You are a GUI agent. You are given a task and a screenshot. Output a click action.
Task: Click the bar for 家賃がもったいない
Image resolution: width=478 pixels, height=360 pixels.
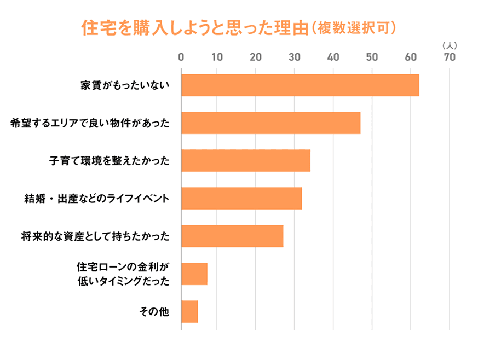click(300, 85)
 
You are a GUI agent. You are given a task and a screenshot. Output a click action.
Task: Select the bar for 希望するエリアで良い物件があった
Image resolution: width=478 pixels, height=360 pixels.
click(270, 123)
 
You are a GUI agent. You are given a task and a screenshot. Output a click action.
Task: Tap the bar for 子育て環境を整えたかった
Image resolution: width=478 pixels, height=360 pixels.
click(245, 161)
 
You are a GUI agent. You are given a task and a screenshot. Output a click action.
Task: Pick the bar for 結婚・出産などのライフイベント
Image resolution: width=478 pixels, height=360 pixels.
click(241, 199)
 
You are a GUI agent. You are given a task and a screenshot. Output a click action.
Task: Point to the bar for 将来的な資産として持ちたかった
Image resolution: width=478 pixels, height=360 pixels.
click(232, 236)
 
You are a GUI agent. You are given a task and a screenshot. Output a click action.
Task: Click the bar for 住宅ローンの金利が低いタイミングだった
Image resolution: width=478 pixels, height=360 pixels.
click(194, 274)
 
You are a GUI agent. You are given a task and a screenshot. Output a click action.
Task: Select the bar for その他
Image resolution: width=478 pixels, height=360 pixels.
click(189, 311)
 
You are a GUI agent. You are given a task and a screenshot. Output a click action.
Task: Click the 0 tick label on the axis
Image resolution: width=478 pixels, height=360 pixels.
click(181, 57)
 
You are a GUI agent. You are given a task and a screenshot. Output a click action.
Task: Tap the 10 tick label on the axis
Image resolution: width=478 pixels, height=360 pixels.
click(217, 57)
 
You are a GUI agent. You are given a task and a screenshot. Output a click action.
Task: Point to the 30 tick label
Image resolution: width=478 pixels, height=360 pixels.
click(295, 57)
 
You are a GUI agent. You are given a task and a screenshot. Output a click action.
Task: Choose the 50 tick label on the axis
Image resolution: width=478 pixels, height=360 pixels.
click(372, 57)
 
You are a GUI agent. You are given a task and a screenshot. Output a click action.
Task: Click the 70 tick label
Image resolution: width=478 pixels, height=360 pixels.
click(450, 57)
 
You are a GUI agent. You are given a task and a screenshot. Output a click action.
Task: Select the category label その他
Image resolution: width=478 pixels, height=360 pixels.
click(155, 312)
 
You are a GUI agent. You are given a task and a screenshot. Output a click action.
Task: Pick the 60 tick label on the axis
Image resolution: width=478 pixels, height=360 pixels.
click(411, 57)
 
